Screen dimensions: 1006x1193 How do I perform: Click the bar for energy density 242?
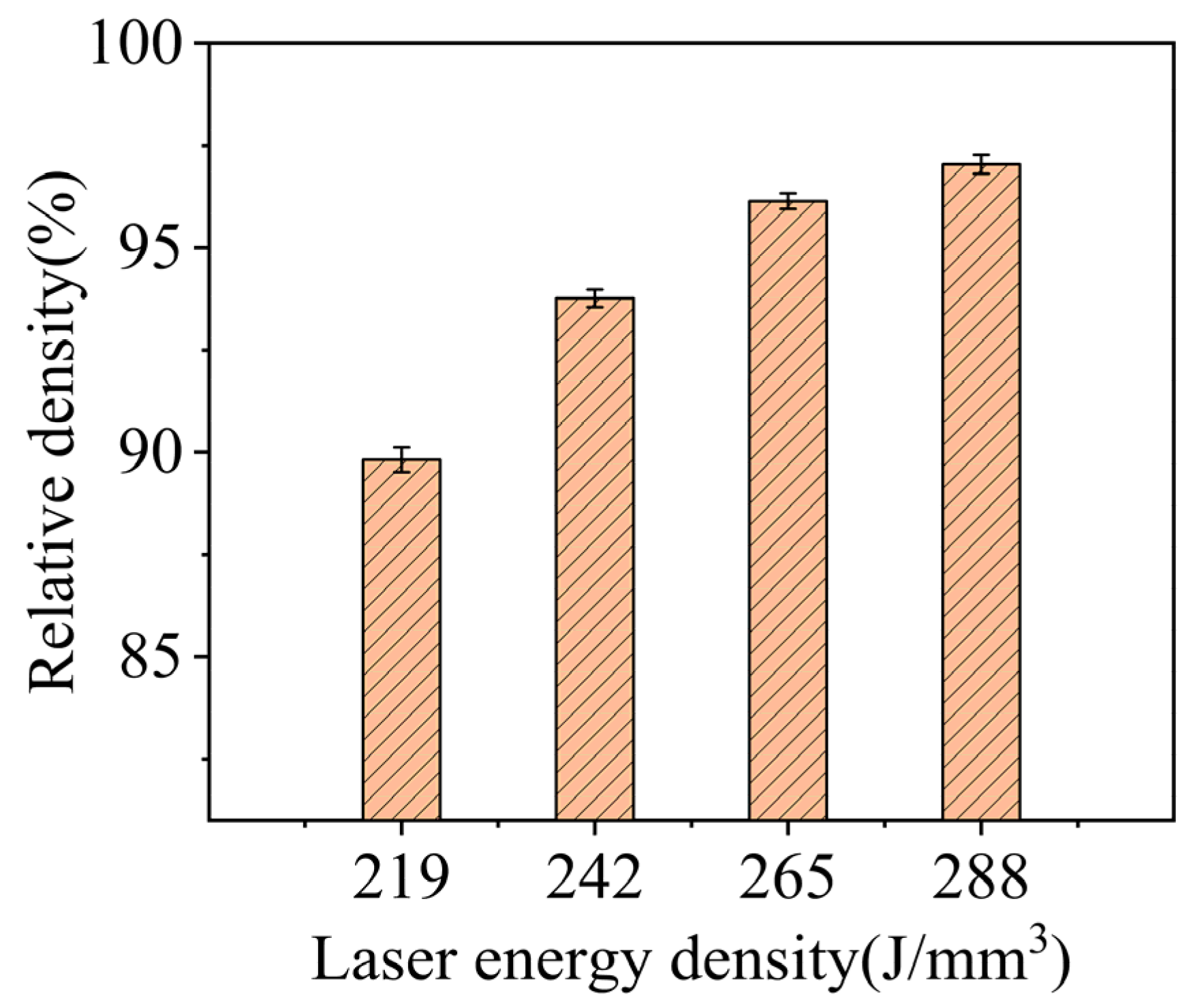click(x=594, y=559)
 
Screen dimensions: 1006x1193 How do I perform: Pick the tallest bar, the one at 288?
click(x=980, y=490)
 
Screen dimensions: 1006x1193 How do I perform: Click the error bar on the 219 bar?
click(x=401, y=459)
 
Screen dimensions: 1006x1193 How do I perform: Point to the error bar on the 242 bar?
click(x=595, y=298)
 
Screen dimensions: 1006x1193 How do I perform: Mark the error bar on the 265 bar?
click(x=788, y=201)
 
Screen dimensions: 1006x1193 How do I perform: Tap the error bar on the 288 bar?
click(x=980, y=164)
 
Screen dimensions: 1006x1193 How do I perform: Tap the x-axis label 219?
click(x=401, y=879)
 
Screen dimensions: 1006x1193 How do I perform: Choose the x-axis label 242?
click(x=594, y=879)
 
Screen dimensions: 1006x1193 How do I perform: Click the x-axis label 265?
click(x=787, y=879)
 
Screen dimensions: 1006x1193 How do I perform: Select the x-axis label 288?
click(x=980, y=879)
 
